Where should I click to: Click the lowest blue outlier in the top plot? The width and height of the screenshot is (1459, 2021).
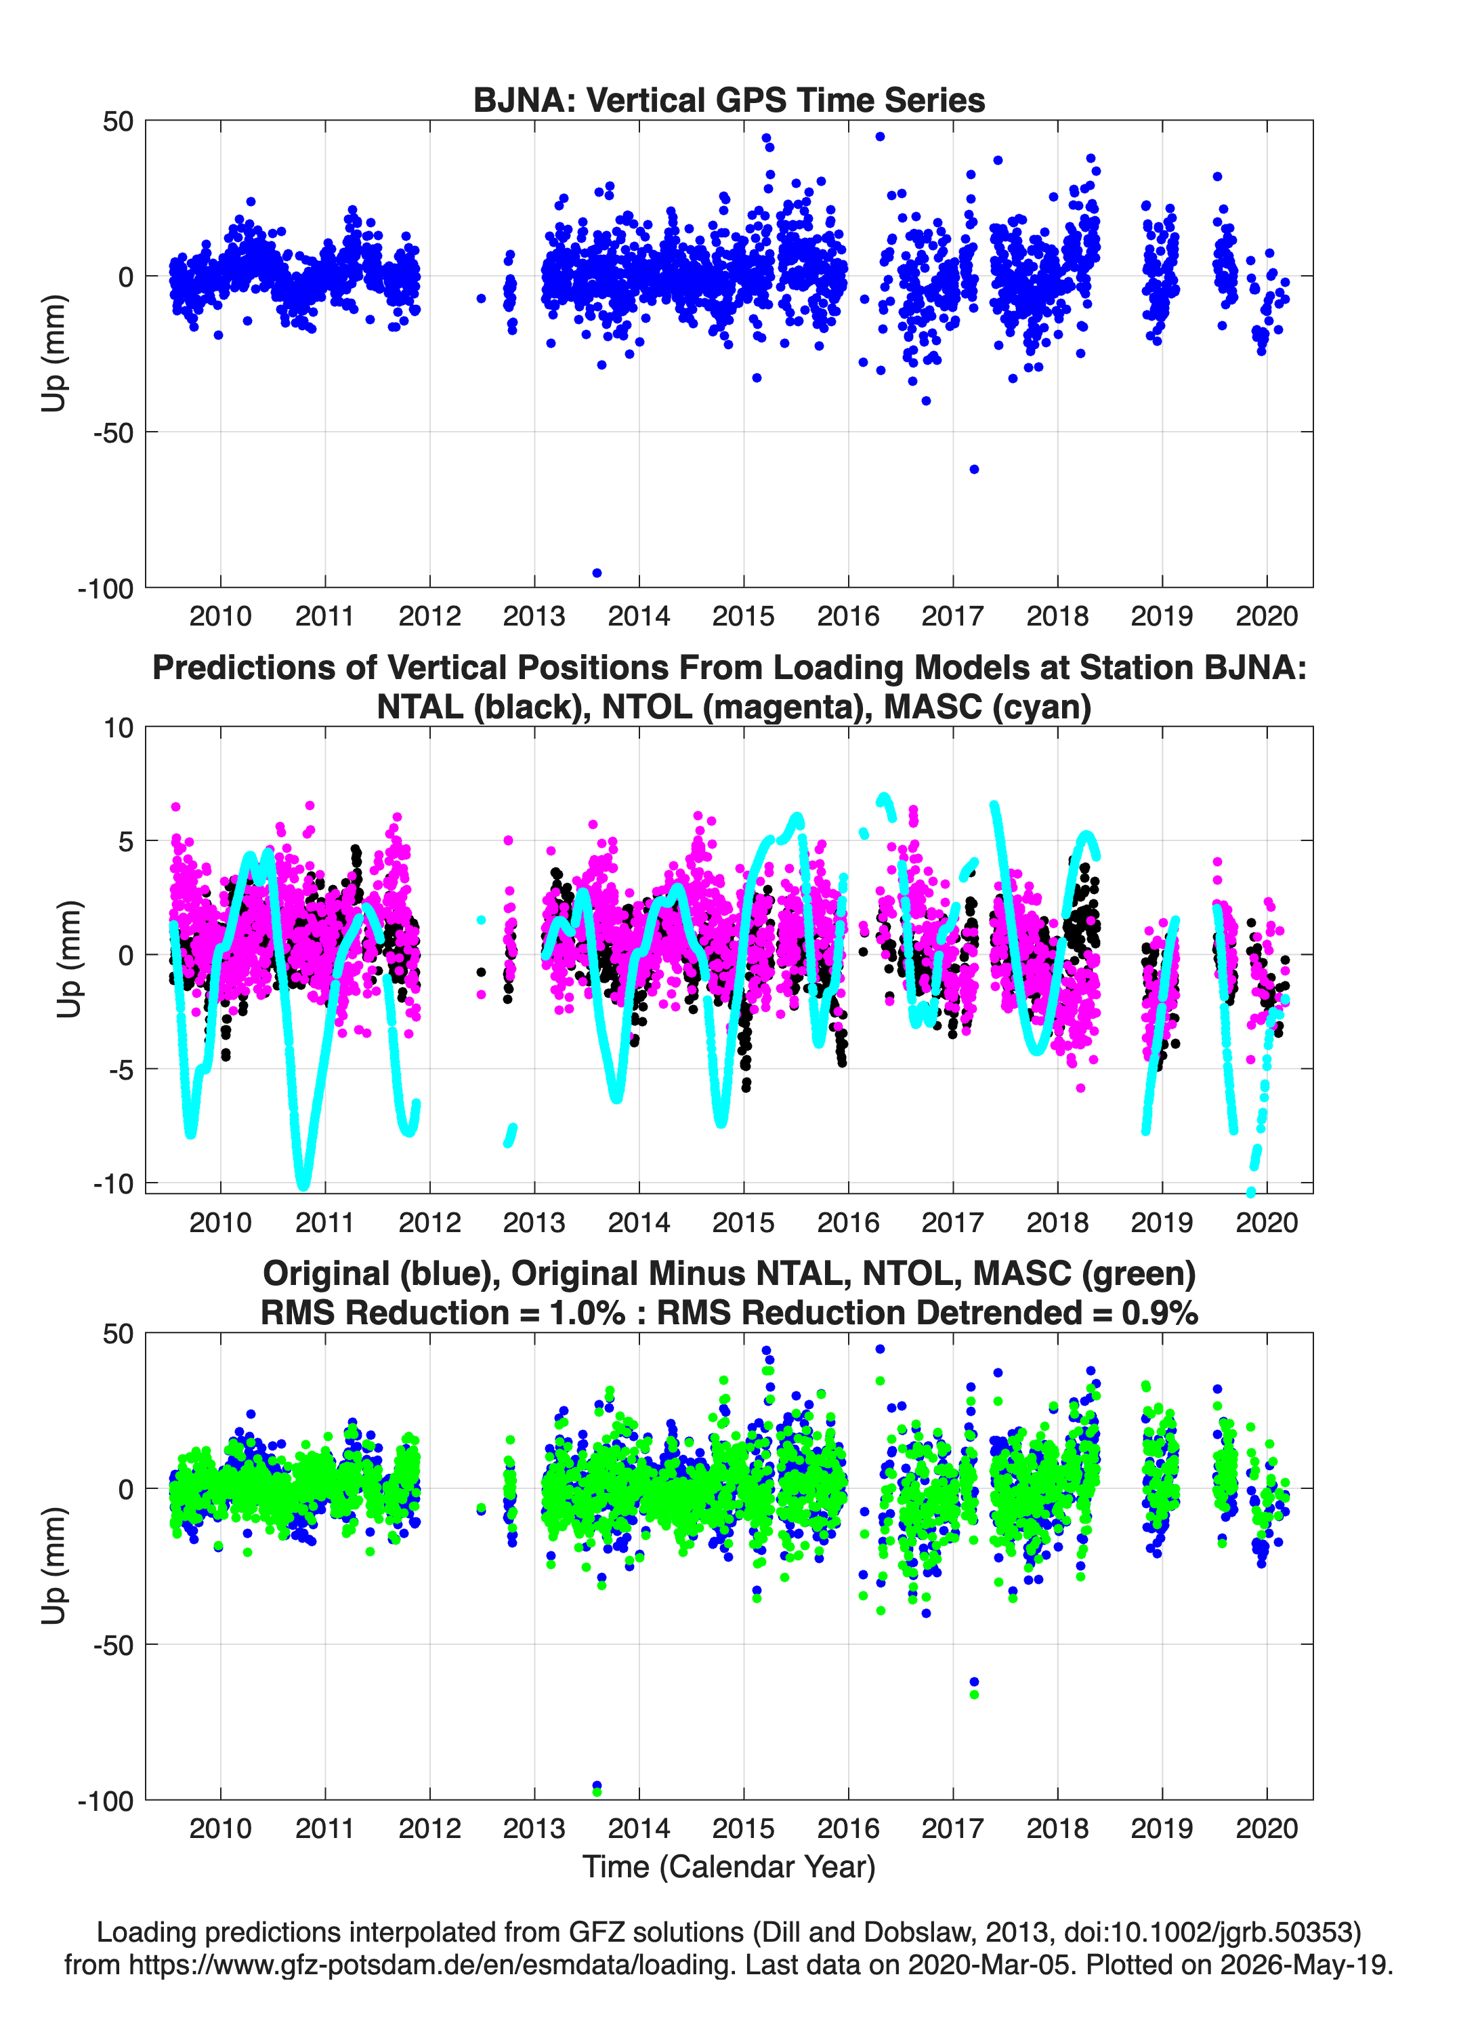[x=597, y=573]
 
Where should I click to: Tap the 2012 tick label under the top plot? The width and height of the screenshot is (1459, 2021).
[x=429, y=616]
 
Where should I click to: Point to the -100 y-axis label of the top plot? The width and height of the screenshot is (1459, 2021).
[x=105, y=588]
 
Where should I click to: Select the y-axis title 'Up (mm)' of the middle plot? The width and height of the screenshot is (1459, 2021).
[x=70, y=959]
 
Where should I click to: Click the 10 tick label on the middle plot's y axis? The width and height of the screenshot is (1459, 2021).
[x=119, y=728]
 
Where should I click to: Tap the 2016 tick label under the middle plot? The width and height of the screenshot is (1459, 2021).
[x=848, y=1223]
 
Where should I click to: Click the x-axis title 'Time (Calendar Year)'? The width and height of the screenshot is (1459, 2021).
[x=729, y=1867]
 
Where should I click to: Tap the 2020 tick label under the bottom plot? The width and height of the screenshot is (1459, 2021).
[x=1267, y=1829]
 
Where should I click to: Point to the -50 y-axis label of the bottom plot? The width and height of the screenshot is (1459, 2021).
[x=114, y=1645]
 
